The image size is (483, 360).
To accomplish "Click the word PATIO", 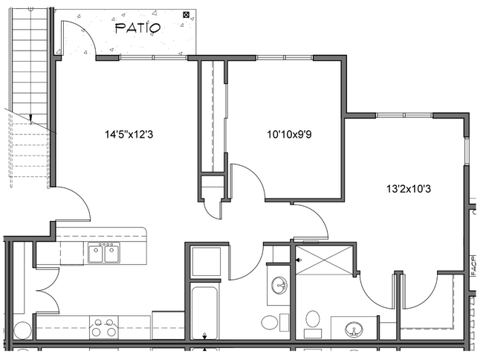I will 137,28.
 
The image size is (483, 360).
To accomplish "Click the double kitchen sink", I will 104,254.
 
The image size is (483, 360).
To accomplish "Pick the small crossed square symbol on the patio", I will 185,13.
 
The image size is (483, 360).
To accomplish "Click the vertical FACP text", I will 473,266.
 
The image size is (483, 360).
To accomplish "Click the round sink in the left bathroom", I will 279,285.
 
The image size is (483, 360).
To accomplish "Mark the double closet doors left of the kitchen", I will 46,289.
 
